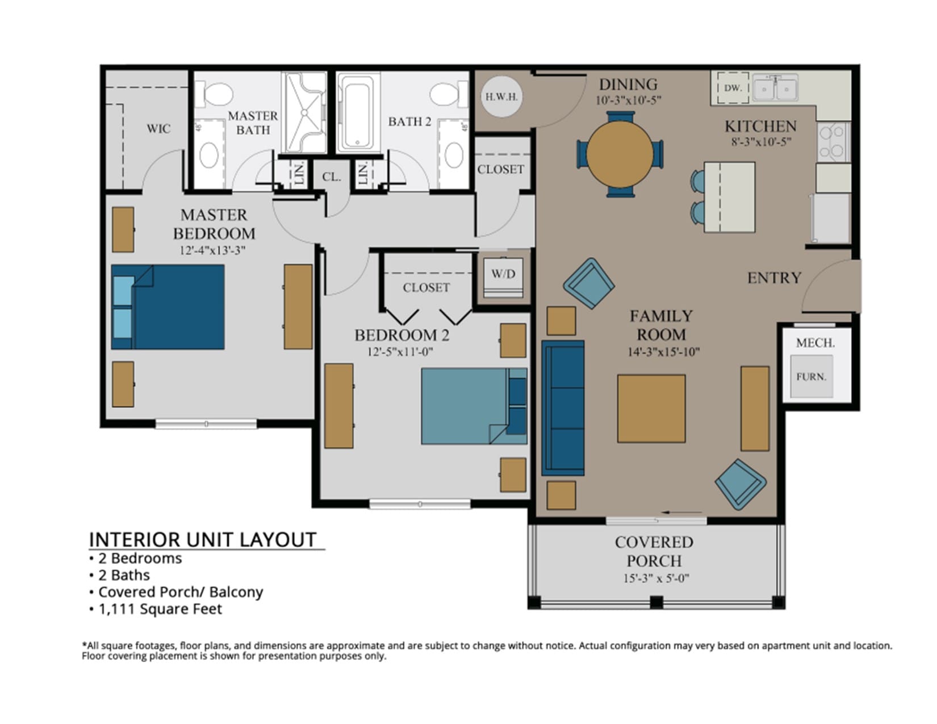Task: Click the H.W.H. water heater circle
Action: [x=501, y=97]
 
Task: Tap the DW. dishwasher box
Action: [x=733, y=88]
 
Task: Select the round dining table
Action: [x=620, y=154]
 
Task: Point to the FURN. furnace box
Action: [x=811, y=376]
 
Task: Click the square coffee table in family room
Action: [x=651, y=408]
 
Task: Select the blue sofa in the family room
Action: [x=563, y=408]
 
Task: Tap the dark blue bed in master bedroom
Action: [x=168, y=307]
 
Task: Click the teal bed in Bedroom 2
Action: [x=474, y=406]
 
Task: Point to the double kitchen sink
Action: [x=775, y=87]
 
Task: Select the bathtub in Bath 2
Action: [x=358, y=112]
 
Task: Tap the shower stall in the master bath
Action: [x=304, y=112]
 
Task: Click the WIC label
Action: [x=158, y=128]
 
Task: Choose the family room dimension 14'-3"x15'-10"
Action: [x=663, y=352]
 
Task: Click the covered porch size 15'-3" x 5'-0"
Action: [x=656, y=578]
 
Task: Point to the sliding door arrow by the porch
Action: [x=681, y=512]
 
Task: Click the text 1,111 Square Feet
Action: [x=160, y=609]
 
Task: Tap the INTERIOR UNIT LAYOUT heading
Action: [x=203, y=539]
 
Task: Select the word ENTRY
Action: [x=774, y=278]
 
